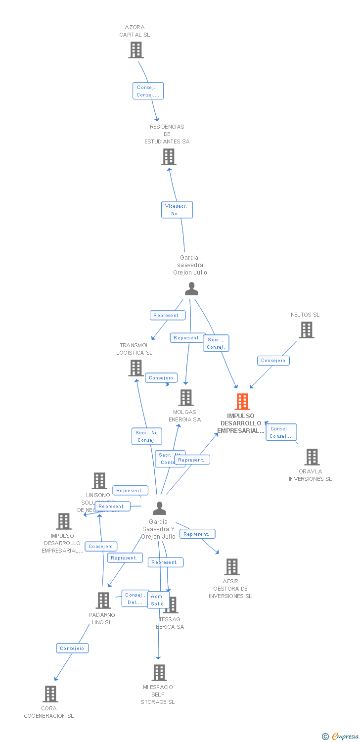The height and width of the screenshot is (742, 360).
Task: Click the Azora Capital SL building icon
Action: click(x=135, y=50)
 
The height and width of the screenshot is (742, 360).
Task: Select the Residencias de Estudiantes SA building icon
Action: click(x=169, y=157)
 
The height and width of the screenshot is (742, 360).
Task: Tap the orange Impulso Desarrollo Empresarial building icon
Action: click(x=242, y=402)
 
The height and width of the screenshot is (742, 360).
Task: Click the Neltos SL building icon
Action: click(x=307, y=330)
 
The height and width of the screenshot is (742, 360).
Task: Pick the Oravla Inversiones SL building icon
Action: click(x=312, y=457)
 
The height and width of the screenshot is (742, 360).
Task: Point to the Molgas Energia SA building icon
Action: click(x=185, y=398)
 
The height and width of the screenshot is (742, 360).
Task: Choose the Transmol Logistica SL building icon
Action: click(x=136, y=368)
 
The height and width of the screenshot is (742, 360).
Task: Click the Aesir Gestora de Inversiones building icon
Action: click(x=231, y=567)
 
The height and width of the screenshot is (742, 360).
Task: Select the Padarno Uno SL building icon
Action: click(x=103, y=601)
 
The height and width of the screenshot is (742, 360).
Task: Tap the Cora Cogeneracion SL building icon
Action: click(x=50, y=694)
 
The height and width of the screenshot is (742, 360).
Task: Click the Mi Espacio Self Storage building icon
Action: click(x=159, y=673)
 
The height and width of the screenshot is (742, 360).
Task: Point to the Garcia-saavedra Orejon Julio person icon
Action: click(x=191, y=289)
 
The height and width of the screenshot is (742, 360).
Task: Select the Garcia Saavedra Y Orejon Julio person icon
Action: click(x=159, y=509)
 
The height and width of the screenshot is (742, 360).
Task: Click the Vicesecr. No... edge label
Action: click(x=177, y=210)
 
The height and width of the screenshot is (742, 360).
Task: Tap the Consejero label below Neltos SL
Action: click(x=273, y=361)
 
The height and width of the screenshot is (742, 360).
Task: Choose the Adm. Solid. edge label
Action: click(x=158, y=600)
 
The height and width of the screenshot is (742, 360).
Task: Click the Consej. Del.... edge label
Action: click(x=135, y=599)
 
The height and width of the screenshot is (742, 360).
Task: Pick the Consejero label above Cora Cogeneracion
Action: click(x=72, y=648)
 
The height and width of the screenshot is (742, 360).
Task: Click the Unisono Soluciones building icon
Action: click(x=99, y=481)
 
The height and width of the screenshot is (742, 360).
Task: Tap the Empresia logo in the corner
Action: click(x=341, y=737)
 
